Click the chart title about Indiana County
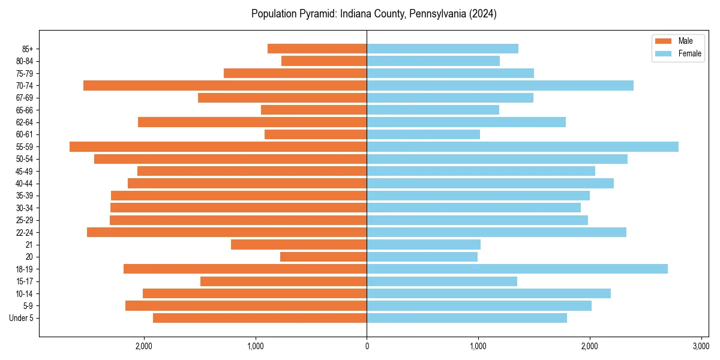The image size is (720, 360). (x=374, y=14)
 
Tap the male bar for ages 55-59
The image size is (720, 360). (x=218, y=146)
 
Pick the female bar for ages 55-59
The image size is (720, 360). (x=523, y=146)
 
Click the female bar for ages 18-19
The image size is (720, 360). (x=517, y=269)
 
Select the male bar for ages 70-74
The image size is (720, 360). (x=225, y=85)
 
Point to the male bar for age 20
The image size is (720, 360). (x=323, y=257)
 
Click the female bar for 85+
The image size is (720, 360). (x=442, y=49)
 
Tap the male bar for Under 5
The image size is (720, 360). (x=260, y=318)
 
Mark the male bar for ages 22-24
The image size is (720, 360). (x=227, y=232)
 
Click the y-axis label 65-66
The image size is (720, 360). (x=25, y=110)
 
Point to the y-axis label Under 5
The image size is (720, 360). (x=22, y=318)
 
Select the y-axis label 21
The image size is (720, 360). (x=29, y=245)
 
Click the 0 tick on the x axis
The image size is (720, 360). (x=367, y=346)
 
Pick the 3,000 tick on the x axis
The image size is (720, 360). (x=701, y=346)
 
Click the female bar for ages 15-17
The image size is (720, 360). (x=442, y=281)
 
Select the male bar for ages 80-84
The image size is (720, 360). (x=324, y=61)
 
